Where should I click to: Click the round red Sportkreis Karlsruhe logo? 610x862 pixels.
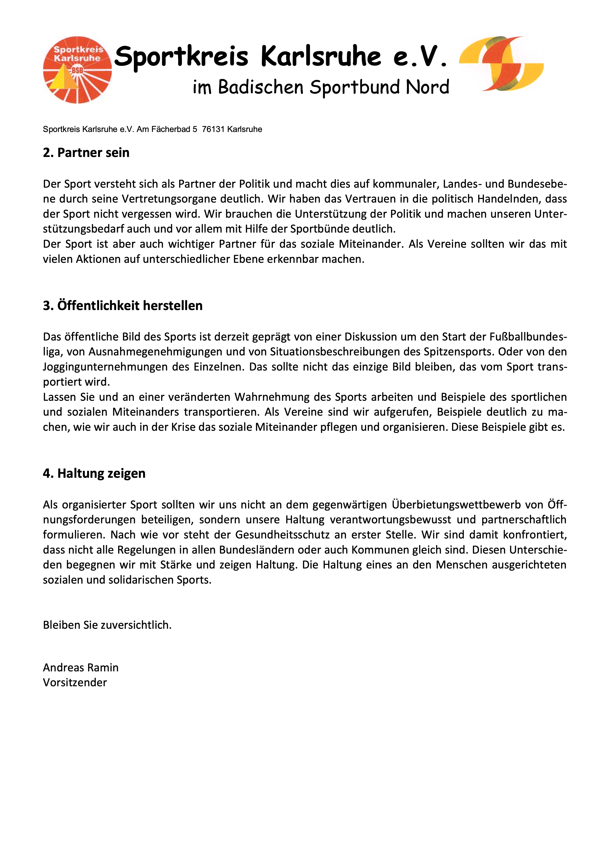[78, 70]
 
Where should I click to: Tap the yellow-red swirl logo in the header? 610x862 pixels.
[501, 64]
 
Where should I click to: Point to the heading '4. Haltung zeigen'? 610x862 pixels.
[94, 473]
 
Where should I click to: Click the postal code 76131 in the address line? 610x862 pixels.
[213, 129]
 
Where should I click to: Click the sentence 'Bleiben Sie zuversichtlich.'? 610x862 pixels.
[107, 625]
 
